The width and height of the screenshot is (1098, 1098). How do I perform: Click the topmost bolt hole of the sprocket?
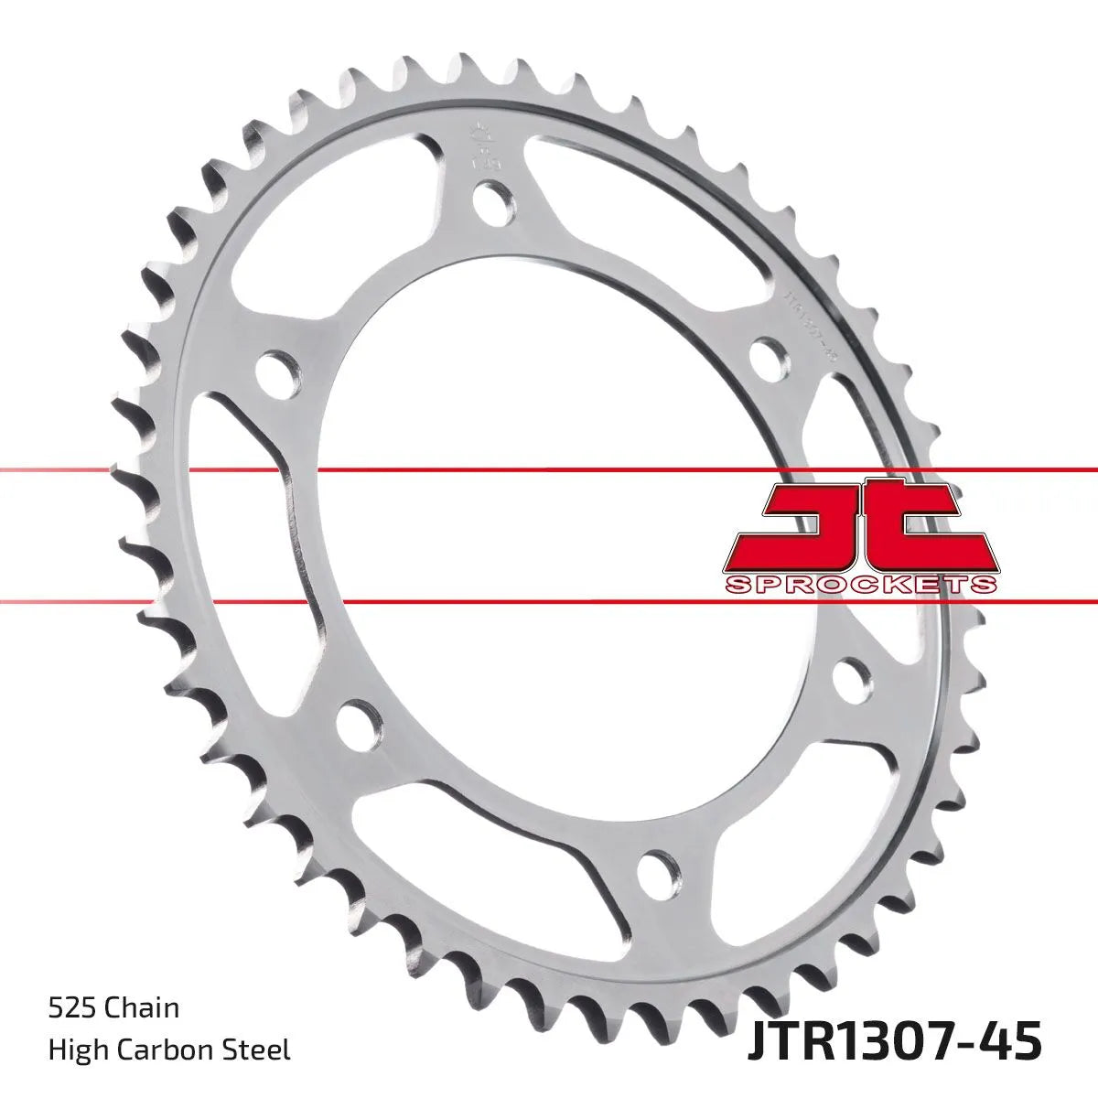tap(493, 201)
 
